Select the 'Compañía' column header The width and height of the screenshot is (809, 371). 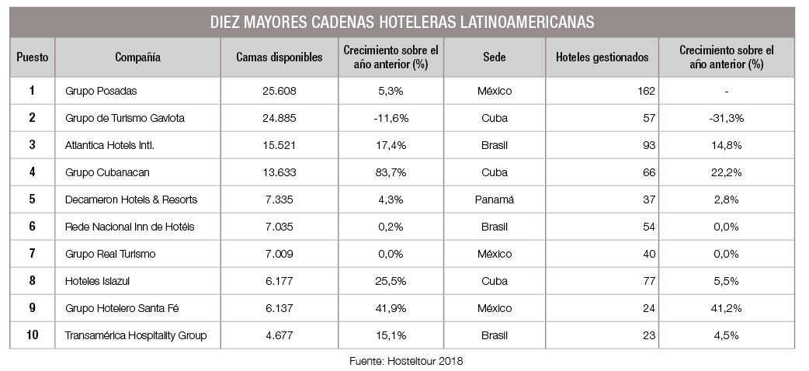point(137,57)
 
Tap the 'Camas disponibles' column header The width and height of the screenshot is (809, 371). point(280,57)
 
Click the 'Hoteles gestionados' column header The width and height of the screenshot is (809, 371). point(602,57)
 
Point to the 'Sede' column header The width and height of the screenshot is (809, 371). point(494,57)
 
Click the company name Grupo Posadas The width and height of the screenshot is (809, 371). point(102,91)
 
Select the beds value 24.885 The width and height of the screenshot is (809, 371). point(280,118)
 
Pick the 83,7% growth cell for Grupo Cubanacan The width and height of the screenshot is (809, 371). point(391,172)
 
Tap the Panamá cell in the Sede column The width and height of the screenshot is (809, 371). point(494,199)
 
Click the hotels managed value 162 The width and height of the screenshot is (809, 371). point(646,91)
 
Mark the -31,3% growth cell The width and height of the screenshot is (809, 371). point(726,118)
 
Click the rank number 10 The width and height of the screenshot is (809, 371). point(32,335)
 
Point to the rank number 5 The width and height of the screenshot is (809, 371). point(32,199)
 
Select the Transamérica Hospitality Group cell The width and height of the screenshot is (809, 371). point(136,335)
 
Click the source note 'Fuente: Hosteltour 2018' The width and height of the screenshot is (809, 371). point(404,360)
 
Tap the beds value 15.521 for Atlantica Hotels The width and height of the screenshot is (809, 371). point(280,145)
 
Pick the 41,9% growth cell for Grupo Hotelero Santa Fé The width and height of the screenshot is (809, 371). point(391,308)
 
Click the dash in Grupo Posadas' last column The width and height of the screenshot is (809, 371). point(726,92)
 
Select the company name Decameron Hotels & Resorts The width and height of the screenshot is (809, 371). point(132,199)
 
